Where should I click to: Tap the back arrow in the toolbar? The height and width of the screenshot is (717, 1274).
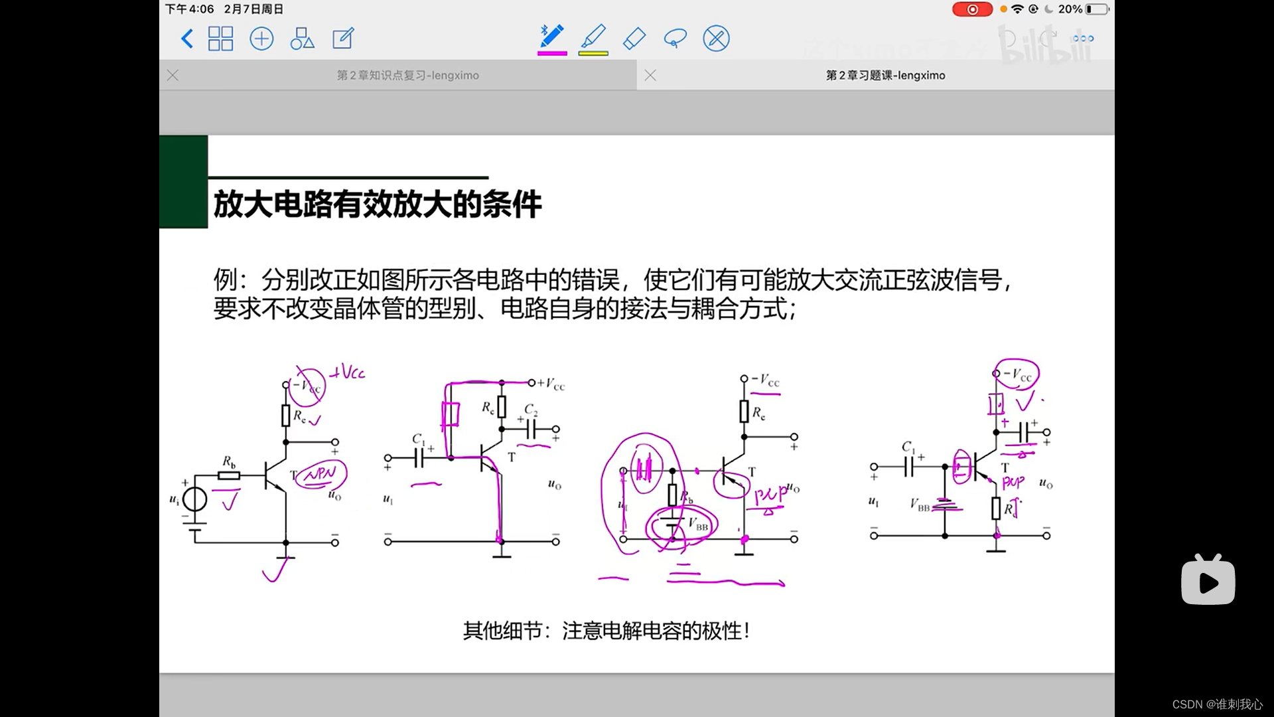(x=187, y=39)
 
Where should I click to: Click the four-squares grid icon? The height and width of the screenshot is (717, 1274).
(x=220, y=39)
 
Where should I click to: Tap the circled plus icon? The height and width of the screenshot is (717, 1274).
(x=261, y=39)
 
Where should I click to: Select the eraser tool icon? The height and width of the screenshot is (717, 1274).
(x=634, y=39)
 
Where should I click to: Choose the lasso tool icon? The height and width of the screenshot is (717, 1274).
(x=675, y=39)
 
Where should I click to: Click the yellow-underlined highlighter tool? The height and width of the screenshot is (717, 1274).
(x=593, y=39)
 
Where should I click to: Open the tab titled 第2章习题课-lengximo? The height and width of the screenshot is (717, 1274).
(x=885, y=76)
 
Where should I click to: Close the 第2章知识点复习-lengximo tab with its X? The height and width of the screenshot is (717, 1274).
(x=173, y=76)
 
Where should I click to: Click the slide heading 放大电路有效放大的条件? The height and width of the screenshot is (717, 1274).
(x=378, y=204)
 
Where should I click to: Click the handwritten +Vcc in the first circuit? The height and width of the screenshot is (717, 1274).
(x=348, y=372)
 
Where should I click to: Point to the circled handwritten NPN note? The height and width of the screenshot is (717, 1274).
(x=321, y=474)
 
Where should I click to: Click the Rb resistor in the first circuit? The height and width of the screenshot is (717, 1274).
(x=230, y=475)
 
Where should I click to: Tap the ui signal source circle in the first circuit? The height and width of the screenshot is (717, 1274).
(x=194, y=499)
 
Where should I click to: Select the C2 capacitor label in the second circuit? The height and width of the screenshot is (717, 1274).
(x=531, y=410)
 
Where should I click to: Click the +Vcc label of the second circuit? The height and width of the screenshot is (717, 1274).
(x=551, y=384)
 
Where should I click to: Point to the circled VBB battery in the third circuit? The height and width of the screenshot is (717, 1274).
(x=681, y=526)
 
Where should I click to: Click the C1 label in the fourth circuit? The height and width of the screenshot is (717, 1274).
(x=908, y=447)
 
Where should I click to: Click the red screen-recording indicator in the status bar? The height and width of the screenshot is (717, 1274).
(x=972, y=9)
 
